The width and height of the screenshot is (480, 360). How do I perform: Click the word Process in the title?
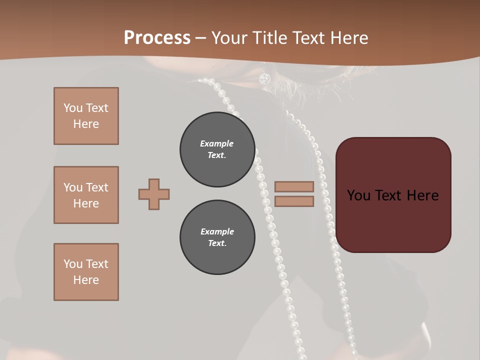pos(157,37)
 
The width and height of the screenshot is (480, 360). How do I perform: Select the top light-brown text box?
pos(86,116)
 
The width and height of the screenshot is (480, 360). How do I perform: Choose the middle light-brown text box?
pos(86,195)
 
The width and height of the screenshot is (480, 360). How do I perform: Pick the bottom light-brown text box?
pos(86,272)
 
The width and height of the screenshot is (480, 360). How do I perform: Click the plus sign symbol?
pos(154,194)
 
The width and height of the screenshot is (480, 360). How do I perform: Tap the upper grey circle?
pos(217,149)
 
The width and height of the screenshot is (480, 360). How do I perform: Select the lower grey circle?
pos(217,237)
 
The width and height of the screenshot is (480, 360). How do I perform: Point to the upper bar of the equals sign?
pos(294,186)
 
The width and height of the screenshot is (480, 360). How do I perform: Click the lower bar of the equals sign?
pos(294,201)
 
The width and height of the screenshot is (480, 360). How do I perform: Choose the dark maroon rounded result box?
pos(393,195)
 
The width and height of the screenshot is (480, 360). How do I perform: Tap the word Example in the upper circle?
pos(216,143)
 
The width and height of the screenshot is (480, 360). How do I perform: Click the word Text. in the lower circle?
pos(217,243)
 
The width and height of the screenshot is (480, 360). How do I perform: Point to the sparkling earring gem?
pos(264,78)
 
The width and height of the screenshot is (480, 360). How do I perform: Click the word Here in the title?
pos(347,37)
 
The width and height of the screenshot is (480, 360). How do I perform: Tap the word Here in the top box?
pos(86,124)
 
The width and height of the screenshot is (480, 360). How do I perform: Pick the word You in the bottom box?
pos(73,264)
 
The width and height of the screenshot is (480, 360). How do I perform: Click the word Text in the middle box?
pos(97,187)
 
